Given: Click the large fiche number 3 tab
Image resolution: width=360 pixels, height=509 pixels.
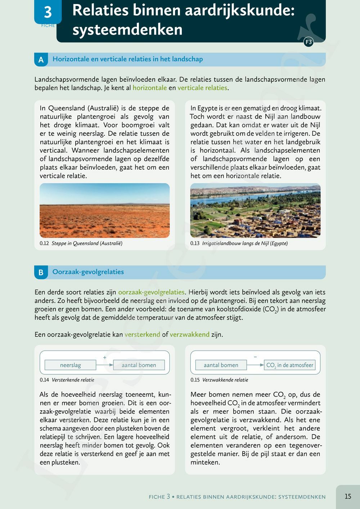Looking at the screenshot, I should [x=48, y=12].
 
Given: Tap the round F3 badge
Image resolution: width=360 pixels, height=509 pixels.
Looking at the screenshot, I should [x=309, y=42].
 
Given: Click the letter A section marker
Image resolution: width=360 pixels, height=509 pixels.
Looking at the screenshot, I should [x=41, y=60].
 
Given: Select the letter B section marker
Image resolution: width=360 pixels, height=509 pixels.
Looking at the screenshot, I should [x=41, y=272].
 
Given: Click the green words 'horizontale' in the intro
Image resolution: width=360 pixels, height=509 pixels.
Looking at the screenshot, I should [x=149, y=88].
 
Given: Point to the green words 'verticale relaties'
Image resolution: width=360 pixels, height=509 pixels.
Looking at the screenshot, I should [x=202, y=88].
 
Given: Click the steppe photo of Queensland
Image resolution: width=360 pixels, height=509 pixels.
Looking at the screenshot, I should [x=104, y=211].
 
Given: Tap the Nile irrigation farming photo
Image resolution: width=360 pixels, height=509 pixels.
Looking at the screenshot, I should [x=255, y=211].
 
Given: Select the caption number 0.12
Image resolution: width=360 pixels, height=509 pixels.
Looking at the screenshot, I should [x=44, y=243].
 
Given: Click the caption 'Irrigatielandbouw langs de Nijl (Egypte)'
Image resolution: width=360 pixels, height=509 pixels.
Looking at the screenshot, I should [x=245, y=243].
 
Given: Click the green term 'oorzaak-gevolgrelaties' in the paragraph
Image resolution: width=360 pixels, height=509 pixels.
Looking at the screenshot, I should [x=151, y=292].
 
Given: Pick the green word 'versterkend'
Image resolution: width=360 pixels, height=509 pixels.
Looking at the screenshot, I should [x=142, y=334].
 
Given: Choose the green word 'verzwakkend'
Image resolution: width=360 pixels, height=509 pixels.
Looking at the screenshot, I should [x=189, y=334].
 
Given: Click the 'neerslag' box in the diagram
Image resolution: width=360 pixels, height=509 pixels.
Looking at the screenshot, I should [x=70, y=365].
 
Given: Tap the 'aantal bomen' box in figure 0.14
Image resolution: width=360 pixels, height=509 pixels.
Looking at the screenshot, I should [x=139, y=365].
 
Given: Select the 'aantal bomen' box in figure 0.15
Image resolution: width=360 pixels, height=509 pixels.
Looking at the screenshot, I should [x=221, y=365].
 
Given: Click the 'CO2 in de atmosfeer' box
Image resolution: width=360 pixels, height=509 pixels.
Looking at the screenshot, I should [x=290, y=365].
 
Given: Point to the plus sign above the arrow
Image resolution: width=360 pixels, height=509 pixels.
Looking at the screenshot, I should [x=105, y=358].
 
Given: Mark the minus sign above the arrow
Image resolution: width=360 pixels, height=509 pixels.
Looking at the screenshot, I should [x=255, y=357].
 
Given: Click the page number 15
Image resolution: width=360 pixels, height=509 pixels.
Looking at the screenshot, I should [x=348, y=496].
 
